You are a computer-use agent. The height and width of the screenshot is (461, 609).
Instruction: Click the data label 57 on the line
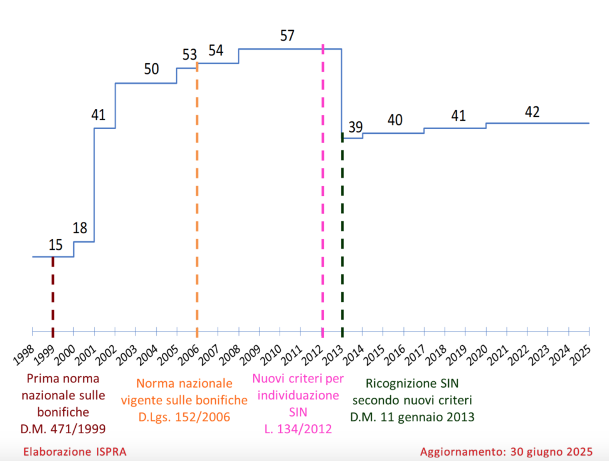tap(287, 36)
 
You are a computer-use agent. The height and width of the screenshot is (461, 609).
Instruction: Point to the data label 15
tap(56, 244)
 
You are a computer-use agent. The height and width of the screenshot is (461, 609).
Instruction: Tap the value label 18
tap(80, 228)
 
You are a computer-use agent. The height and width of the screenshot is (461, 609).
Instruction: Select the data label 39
tap(355, 127)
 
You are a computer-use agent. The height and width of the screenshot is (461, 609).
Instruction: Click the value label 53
tap(189, 55)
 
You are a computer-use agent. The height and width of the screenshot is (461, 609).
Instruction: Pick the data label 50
tap(151, 69)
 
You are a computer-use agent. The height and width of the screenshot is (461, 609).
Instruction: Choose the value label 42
tap(532, 112)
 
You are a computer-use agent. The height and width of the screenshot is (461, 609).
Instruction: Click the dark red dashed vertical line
tap(53, 293)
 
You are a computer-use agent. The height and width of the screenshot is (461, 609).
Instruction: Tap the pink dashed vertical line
tap(322, 189)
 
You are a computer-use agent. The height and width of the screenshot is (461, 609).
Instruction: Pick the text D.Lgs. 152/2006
tap(184, 417)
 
